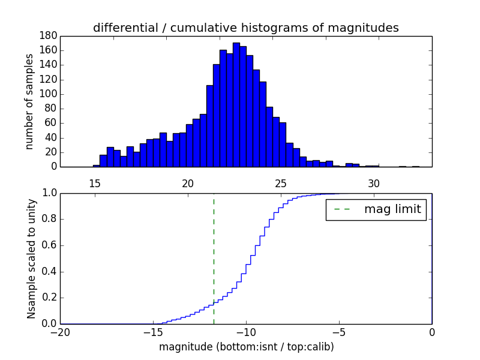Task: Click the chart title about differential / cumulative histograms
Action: click(x=246, y=28)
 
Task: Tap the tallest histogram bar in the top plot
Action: click(x=236, y=105)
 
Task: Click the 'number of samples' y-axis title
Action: click(x=29, y=101)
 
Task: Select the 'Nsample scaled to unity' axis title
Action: click(x=31, y=259)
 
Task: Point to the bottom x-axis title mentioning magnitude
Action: click(x=246, y=347)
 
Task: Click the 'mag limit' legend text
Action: click(x=392, y=209)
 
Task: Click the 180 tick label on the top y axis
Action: click(x=47, y=36)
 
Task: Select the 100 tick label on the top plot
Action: click(x=47, y=94)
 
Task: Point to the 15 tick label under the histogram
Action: click(x=95, y=183)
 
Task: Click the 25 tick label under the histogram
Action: click(x=281, y=183)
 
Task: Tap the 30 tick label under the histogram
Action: click(x=374, y=183)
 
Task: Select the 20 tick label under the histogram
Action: click(x=188, y=183)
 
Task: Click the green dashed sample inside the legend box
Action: click(x=344, y=209)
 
